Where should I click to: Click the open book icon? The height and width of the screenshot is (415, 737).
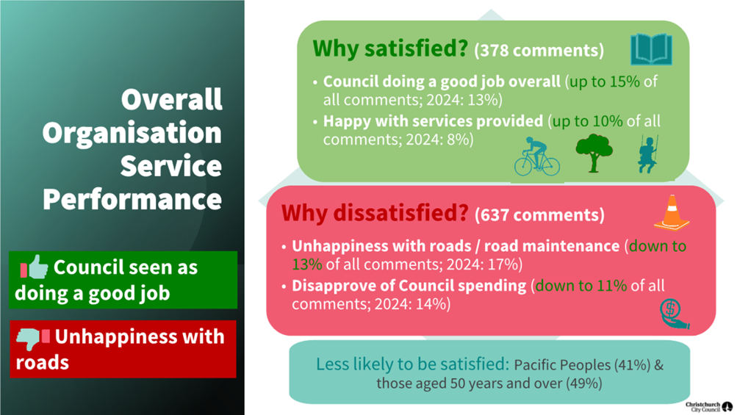(x=651, y=49)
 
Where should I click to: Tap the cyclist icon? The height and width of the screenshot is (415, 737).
(x=536, y=156)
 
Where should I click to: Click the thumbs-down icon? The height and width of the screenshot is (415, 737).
(x=33, y=339)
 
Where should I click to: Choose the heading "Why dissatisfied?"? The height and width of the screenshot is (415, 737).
(x=375, y=214)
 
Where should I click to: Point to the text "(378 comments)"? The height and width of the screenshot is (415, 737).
(x=539, y=51)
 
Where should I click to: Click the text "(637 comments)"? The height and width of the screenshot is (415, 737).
(x=539, y=215)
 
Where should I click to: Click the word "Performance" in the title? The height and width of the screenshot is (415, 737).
(x=132, y=199)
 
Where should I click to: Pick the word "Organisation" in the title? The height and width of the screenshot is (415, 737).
(x=132, y=133)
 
